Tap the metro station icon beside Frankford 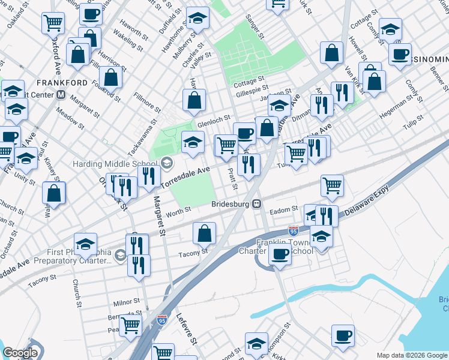[x=61, y=95]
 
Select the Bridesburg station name [x=231, y=204]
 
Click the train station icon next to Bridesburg [x=257, y=204]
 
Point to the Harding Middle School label [x=115, y=163]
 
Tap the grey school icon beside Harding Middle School [x=166, y=163]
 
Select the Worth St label [x=178, y=210]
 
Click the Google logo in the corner [x=20, y=353]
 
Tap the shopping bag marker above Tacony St [x=205, y=232]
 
